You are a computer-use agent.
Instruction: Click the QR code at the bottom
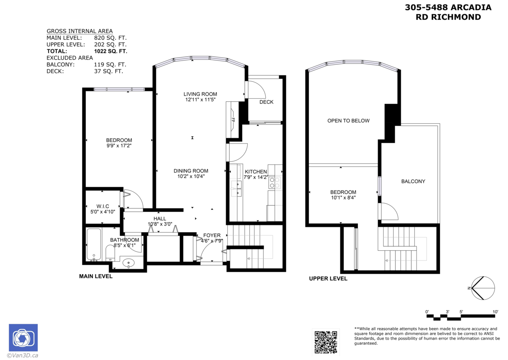pos(326,341)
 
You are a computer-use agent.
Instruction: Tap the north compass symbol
pos(483,288)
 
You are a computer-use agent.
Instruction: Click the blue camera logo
pos(23,338)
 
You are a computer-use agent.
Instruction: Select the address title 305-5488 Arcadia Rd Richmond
pos(448,12)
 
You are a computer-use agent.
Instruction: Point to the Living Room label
pos(200,94)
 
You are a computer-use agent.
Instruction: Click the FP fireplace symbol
pos(232,120)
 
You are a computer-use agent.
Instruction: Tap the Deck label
pos(266,102)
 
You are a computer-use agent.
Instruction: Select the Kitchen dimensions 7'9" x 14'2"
pos(256,177)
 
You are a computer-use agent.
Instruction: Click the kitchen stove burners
pos(277,183)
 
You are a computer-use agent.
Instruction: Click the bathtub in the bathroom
pos(94,245)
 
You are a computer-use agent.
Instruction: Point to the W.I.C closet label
pos(103,206)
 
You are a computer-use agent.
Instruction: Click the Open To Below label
pos(348,121)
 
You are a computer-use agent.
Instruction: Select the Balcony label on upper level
pos(413,181)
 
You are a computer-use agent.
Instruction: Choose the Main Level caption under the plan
pos(96,276)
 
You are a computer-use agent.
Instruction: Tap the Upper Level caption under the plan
pos(328,279)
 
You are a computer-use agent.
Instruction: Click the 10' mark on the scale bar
pos(495,312)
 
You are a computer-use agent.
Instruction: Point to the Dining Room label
pos(191,171)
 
